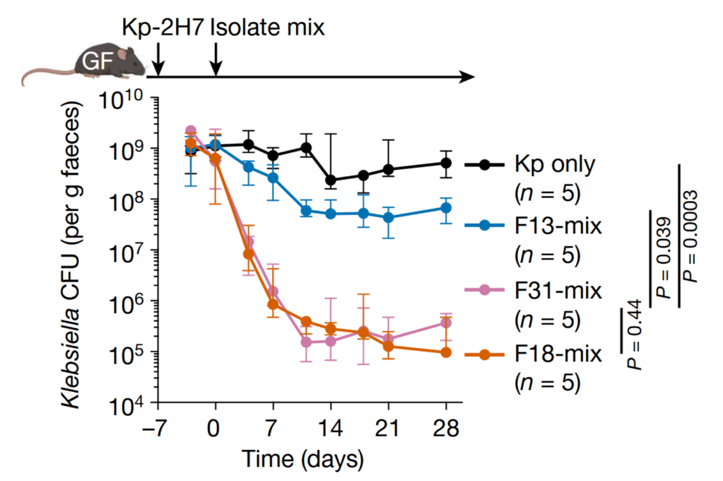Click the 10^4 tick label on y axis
click(127, 405)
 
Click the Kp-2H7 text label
click(160, 28)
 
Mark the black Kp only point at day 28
click(446, 163)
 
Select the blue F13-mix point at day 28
click(446, 208)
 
